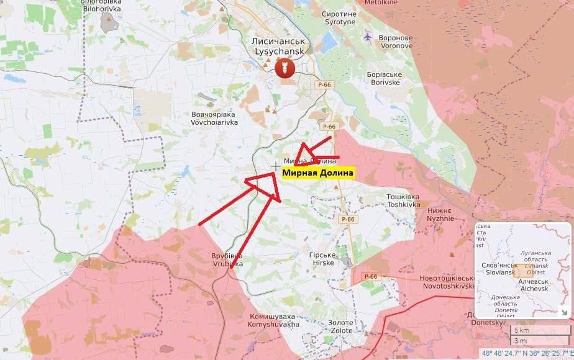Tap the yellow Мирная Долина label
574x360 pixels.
[318, 173]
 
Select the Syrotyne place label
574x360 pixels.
[339, 18]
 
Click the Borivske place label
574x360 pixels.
[385, 79]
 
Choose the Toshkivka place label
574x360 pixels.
[404, 200]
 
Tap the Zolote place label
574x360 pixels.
[340, 326]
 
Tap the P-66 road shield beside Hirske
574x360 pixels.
[347, 219]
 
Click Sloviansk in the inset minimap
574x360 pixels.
[499, 269]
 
